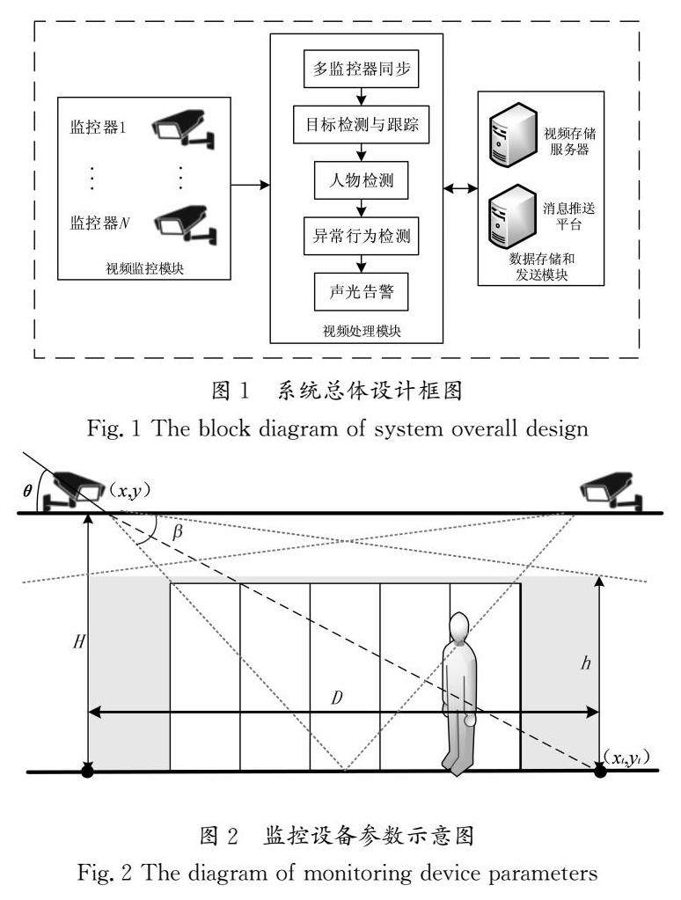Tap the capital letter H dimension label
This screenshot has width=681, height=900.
tap(79, 642)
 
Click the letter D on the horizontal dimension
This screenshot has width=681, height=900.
tap(337, 699)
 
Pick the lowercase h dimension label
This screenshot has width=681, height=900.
tap(611, 664)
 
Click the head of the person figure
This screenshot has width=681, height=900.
tap(458, 627)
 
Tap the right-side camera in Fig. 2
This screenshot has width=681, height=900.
tap(609, 489)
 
